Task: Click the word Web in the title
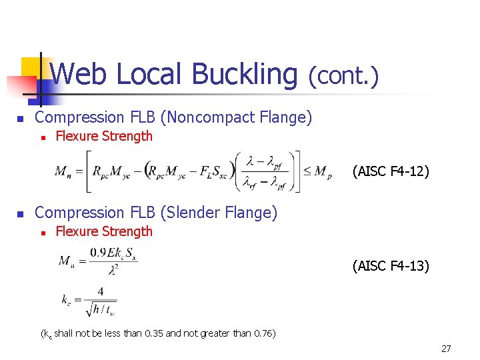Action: click(77, 74)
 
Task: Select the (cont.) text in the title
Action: click(343, 75)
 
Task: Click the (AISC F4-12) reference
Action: click(391, 171)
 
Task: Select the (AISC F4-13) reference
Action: click(391, 267)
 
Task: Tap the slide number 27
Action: click(446, 349)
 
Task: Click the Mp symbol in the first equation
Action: click(323, 172)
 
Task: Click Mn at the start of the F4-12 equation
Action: click(64, 172)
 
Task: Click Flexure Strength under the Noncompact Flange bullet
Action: click(104, 137)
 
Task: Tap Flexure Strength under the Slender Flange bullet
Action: click(104, 232)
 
